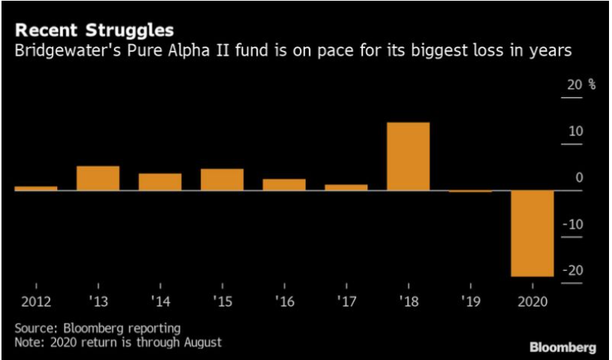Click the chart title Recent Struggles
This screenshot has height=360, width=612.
point(94,31)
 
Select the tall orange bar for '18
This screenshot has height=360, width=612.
point(408,156)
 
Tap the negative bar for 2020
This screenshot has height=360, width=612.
point(533,234)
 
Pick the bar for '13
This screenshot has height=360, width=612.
point(98,178)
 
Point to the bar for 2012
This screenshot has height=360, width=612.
point(36,188)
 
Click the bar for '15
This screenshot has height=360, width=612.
point(222,180)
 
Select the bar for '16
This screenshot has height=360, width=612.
point(284,184)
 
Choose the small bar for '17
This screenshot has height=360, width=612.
point(346,187)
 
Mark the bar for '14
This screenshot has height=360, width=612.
point(160,182)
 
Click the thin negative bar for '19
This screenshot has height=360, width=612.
point(471,192)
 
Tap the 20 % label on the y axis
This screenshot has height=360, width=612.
point(581,85)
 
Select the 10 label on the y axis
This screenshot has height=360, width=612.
point(575,132)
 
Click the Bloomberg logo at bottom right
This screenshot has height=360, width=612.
point(563,347)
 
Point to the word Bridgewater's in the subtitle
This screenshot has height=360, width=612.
point(61,52)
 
